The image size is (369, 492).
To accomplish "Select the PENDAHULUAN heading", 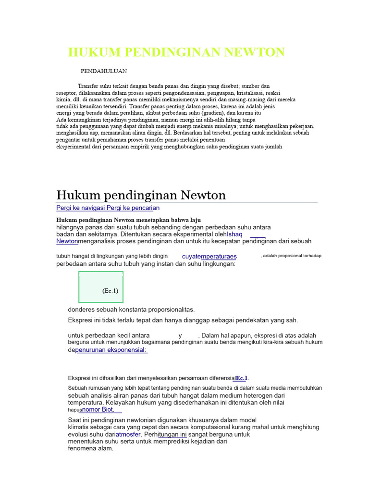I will tap(104, 71).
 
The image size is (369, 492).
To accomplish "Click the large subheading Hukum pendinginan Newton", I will tap(141, 195).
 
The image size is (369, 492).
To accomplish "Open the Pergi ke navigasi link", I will tap(85, 208).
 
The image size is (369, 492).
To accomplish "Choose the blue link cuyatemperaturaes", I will tap(209, 257).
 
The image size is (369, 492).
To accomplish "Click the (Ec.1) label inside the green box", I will tap(110, 291).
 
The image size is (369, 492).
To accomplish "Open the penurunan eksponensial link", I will tap(111, 350).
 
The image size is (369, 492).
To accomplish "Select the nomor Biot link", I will tap(98, 410).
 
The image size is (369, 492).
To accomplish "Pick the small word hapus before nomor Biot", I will tap(74, 410).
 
